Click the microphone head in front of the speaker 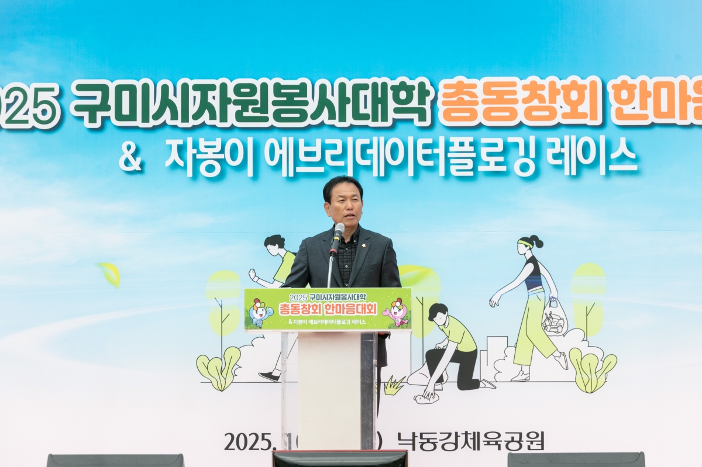pyautogui.click(x=339, y=230)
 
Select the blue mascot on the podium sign pyautogui.click(x=259, y=312)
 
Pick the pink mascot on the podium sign pyautogui.click(x=398, y=312)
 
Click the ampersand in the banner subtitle pyautogui.click(x=130, y=157)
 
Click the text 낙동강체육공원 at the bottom pyautogui.click(x=470, y=441)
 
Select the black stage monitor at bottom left pyautogui.click(x=115, y=460)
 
